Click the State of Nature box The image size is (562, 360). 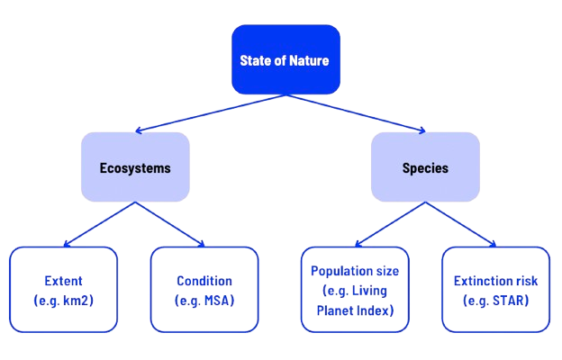click(286, 60)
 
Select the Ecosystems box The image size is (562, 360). click(135, 167)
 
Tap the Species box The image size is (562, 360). click(425, 167)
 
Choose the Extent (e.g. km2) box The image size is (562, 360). click(63, 289)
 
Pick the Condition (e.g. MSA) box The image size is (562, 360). click(204, 289)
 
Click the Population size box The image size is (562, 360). click(356, 291)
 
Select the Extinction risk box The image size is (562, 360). click(495, 289)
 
